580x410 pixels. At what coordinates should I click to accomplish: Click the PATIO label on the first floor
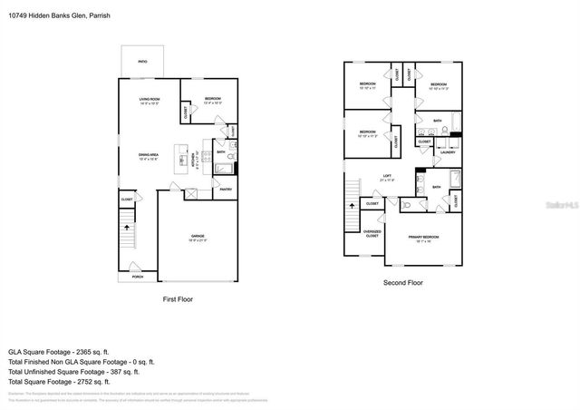142,62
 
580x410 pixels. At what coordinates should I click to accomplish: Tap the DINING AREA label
148,155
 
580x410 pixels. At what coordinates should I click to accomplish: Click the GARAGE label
198,238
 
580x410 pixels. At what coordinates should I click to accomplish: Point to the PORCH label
138,276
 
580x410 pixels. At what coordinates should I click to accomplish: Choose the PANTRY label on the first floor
226,189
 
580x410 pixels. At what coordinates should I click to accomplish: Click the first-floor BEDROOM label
213,99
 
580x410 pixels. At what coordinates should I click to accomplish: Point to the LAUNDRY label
447,151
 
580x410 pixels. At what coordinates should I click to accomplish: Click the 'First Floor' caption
177,298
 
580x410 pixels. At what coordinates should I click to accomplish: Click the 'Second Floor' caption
402,283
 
